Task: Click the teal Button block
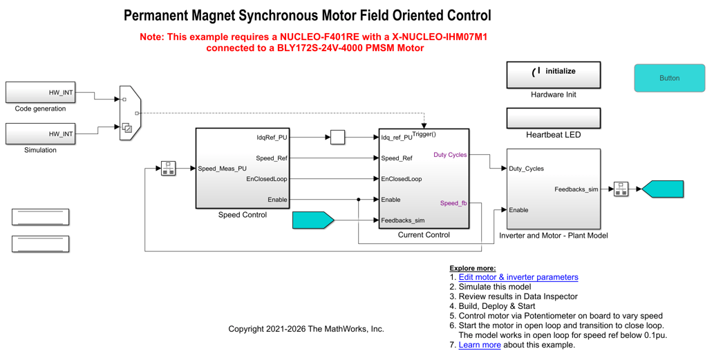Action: click(x=669, y=78)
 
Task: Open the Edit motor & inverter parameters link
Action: click(x=518, y=277)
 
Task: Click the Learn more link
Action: click(x=480, y=345)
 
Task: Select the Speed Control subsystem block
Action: click(x=242, y=168)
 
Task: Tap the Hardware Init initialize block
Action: click(x=553, y=75)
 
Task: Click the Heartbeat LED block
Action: click(x=553, y=118)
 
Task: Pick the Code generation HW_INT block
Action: click(x=40, y=92)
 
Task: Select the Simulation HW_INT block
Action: click(x=40, y=133)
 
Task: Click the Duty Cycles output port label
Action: click(x=450, y=155)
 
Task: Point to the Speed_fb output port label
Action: click(x=453, y=203)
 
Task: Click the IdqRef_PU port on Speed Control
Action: click(x=272, y=138)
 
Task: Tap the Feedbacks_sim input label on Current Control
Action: click(x=403, y=220)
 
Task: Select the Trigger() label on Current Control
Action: click(x=424, y=134)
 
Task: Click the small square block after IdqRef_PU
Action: click(x=337, y=138)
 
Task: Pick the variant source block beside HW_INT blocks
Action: click(x=130, y=113)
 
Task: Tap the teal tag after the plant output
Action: click(x=663, y=189)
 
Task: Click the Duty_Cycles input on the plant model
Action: click(x=526, y=169)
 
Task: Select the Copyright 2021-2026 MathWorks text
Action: click(x=306, y=329)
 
